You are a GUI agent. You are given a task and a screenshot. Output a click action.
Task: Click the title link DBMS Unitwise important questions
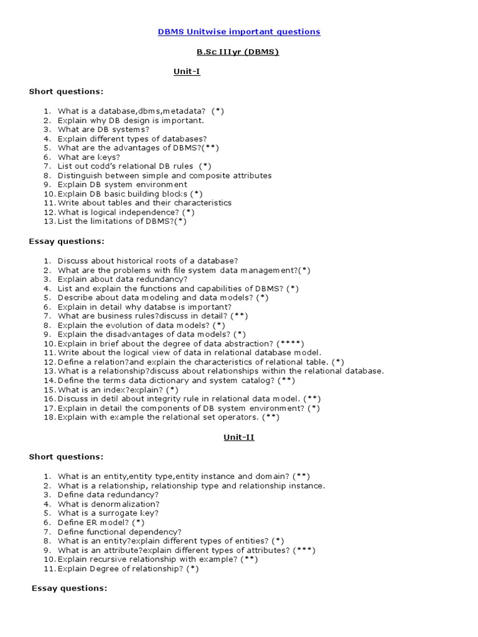[239, 32]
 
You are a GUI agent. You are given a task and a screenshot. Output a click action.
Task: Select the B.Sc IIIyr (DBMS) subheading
[238, 52]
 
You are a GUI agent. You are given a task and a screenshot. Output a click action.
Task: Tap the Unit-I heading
[187, 72]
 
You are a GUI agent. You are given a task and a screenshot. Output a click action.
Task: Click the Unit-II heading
[239, 437]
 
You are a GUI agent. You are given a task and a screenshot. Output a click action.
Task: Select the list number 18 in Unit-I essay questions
[49, 417]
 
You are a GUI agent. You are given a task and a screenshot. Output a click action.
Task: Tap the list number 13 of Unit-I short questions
[49, 221]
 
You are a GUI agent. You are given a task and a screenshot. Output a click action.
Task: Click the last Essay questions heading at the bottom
[69, 588]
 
